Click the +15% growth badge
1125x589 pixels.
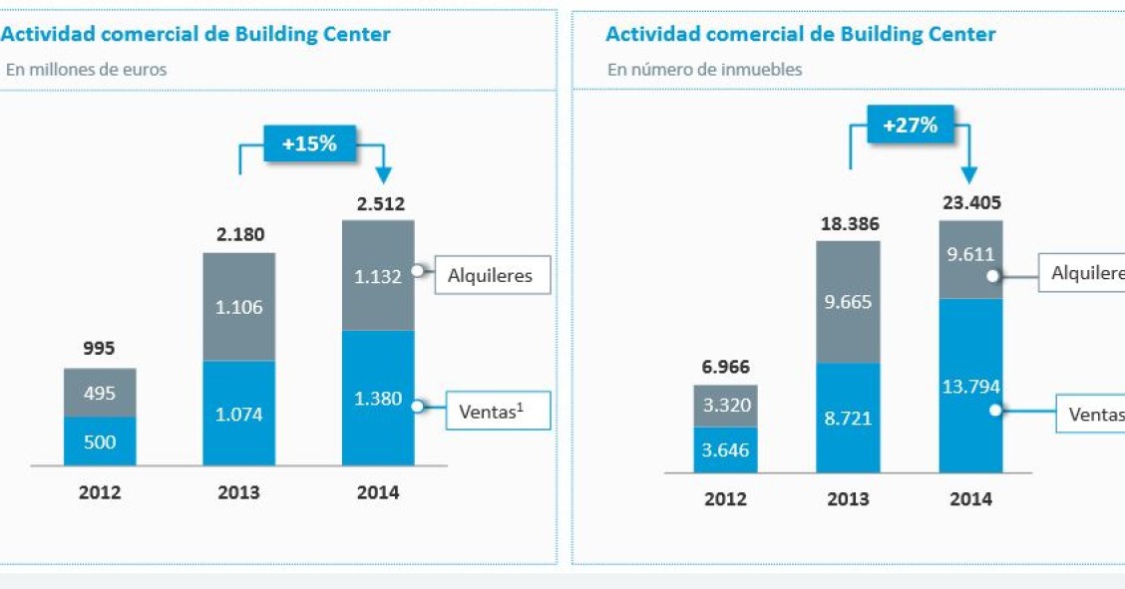pos(309,144)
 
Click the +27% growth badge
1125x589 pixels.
pos(910,125)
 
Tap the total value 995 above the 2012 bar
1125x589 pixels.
pos(100,349)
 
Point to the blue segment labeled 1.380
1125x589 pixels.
pos(377,399)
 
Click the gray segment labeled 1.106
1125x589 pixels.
pos(239,307)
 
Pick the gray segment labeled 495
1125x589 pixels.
pos(100,393)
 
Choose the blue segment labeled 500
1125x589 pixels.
pos(100,442)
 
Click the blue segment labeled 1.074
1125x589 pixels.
pos(239,414)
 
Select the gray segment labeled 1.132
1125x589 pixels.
pos(377,276)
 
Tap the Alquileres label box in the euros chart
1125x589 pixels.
pos(492,276)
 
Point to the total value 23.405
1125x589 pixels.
pos(970,203)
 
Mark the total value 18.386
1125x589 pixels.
pos(848,224)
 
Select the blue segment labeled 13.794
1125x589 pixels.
pos(970,387)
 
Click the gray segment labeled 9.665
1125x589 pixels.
pos(848,302)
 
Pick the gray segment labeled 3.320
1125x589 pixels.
pos(725,406)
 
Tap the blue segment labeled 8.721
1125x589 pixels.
pos(848,419)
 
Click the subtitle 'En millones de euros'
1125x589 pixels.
pos(87,70)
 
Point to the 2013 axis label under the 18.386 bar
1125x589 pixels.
pos(848,499)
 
